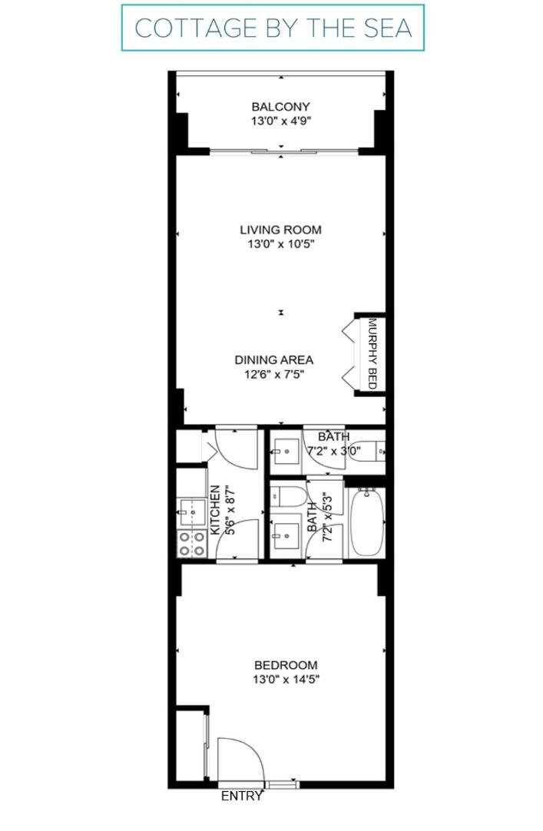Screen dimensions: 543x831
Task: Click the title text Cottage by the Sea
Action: [x=273, y=28]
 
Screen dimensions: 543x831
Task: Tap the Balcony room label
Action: [x=281, y=107]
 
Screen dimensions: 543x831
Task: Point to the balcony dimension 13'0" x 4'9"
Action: [x=281, y=121]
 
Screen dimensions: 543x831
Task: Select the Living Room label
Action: [x=281, y=230]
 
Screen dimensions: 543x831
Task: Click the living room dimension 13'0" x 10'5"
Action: [x=281, y=243]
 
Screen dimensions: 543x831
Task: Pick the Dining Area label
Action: [x=274, y=360]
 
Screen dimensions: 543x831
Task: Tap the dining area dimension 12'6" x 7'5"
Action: [x=274, y=374]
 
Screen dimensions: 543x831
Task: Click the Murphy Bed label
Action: [x=372, y=353]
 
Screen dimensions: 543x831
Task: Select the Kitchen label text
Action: [x=215, y=511]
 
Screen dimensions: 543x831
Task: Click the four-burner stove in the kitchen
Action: [x=192, y=544]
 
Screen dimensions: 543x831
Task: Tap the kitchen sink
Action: [x=192, y=512]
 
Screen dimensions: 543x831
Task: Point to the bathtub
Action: [x=366, y=522]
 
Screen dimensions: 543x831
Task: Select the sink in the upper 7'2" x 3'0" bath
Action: [x=286, y=452]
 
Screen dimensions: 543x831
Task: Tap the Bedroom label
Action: [x=286, y=665]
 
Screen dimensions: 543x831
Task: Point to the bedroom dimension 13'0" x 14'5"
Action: [x=286, y=680]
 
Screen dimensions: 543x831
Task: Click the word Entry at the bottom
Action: [x=242, y=796]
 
